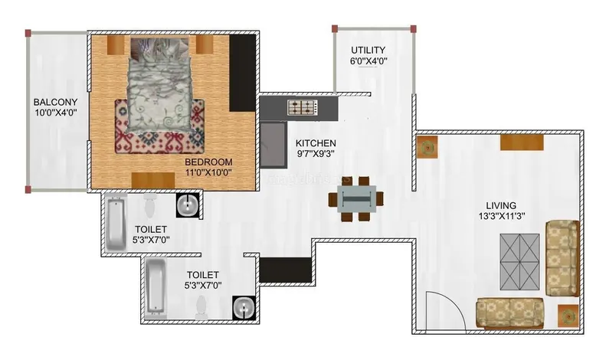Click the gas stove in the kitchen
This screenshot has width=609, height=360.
(303, 107)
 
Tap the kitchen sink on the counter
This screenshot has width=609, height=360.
(273, 145)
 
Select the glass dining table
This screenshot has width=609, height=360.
(356, 198)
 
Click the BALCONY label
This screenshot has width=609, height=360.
(55, 102)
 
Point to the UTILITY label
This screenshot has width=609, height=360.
(368, 50)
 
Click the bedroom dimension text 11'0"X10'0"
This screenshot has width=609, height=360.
(208, 173)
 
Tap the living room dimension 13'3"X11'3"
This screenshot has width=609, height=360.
(502, 216)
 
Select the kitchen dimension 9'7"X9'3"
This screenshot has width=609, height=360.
(316, 153)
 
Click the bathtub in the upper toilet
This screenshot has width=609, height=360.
(116, 224)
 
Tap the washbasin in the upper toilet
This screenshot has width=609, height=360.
(188, 205)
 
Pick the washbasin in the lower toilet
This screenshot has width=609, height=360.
(244, 309)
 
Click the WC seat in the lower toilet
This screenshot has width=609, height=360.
(201, 308)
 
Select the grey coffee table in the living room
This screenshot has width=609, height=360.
(519, 262)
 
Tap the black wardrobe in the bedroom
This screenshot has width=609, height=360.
(242, 73)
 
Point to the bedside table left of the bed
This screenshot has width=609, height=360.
(116, 45)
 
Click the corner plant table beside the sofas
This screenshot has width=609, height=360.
(568, 316)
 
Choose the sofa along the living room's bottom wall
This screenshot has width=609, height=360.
(509, 314)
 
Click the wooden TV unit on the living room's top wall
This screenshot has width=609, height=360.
(522, 142)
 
